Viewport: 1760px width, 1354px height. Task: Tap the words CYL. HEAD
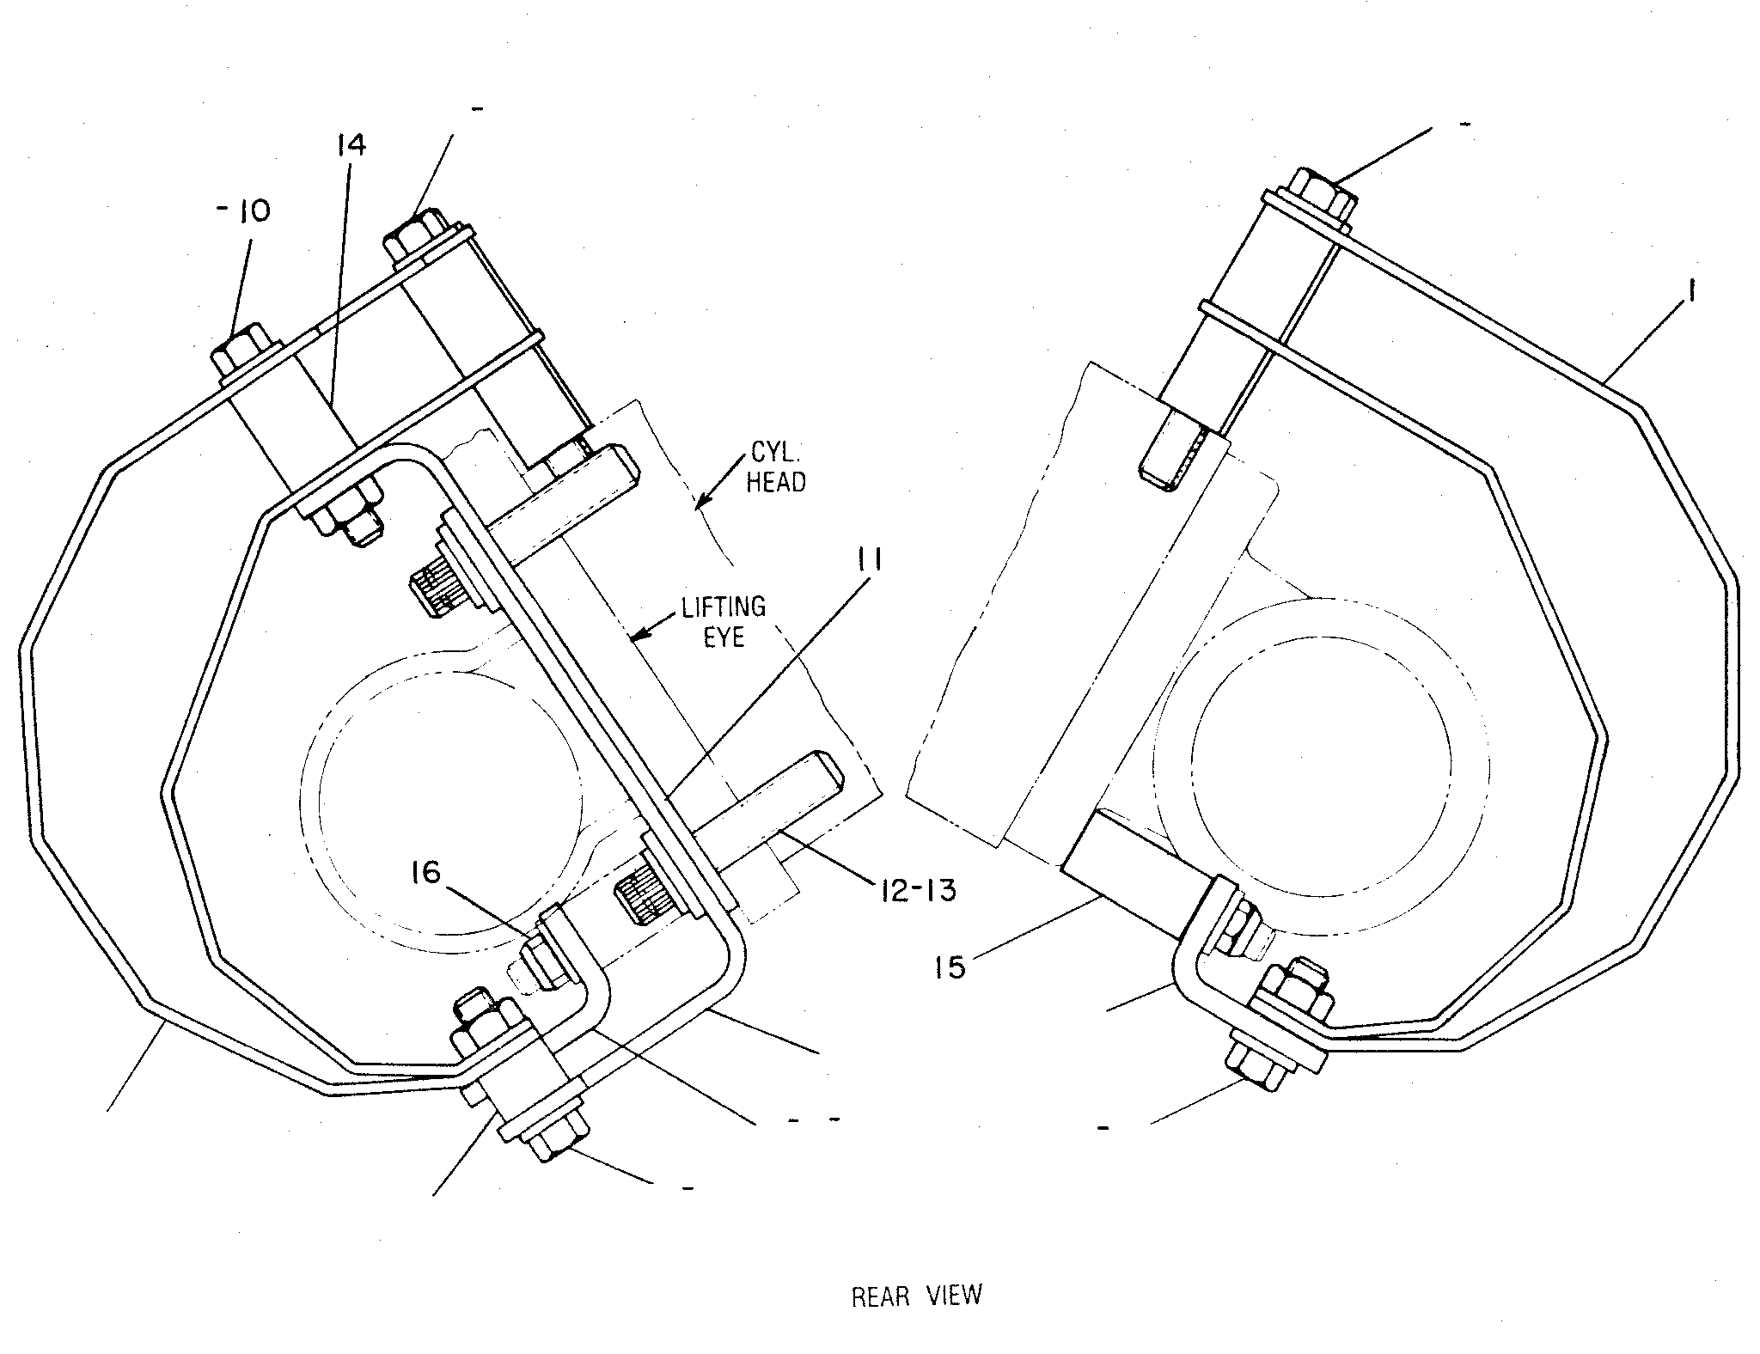[x=775, y=469]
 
